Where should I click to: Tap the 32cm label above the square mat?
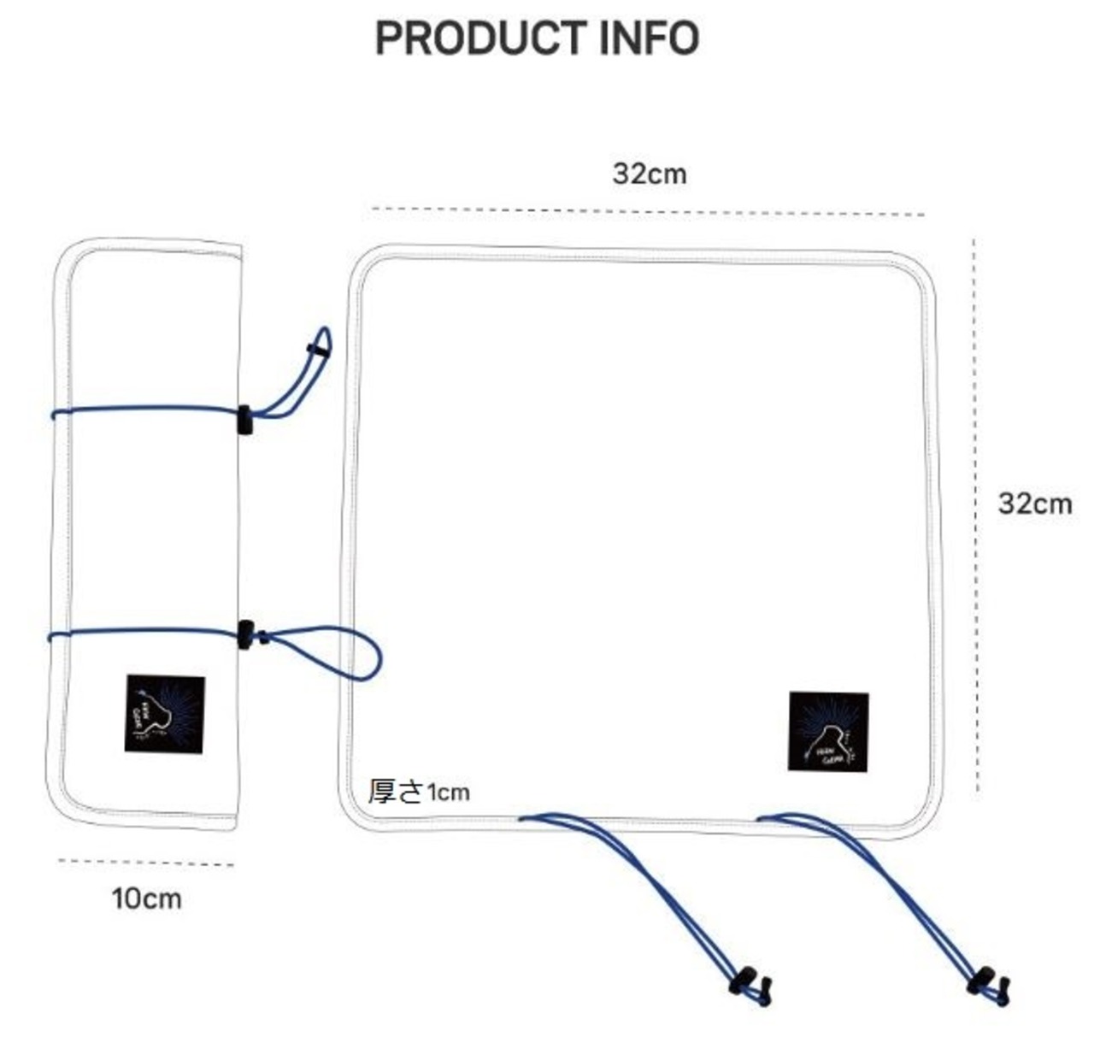[649, 174]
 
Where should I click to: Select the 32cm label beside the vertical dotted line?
[1034, 504]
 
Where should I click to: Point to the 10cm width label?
[146, 899]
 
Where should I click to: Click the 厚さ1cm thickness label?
[419, 792]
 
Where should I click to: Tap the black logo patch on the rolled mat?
[165, 714]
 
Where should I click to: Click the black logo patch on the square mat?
[828, 732]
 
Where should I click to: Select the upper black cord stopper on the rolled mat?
[244, 421]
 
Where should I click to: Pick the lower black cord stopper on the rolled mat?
[246, 634]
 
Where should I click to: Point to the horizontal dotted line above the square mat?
[649, 211]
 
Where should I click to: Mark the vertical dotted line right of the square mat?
[975, 513]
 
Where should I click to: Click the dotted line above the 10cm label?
[145, 863]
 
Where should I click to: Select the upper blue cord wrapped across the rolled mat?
[145, 409]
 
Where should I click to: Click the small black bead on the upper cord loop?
[318, 349]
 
